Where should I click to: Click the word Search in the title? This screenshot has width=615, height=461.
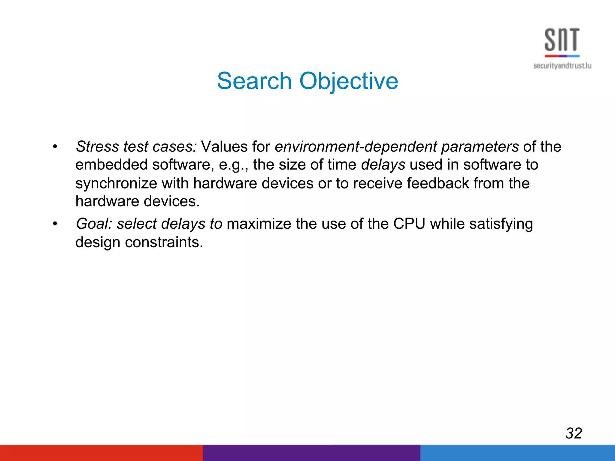(254, 81)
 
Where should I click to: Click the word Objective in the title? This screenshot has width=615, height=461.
(349, 81)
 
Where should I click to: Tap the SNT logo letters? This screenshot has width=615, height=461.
(562, 40)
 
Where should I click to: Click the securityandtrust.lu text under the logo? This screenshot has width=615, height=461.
(562, 66)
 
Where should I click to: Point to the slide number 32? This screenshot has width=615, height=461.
(574, 433)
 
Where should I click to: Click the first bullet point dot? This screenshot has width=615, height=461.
(55, 147)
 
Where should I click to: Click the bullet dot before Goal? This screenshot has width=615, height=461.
(55, 224)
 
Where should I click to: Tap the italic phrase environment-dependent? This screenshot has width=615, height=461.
(356, 147)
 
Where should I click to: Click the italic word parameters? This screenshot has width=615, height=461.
(480, 147)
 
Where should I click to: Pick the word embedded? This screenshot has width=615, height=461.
(111, 165)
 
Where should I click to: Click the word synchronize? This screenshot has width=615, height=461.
(116, 183)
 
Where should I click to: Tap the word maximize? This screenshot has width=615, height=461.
(259, 224)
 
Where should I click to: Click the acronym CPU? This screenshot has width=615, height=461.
(409, 224)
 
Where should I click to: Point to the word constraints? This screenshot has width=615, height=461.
(164, 242)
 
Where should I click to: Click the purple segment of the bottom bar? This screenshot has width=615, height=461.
(311, 453)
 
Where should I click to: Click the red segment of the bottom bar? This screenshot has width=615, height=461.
(101, 453)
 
